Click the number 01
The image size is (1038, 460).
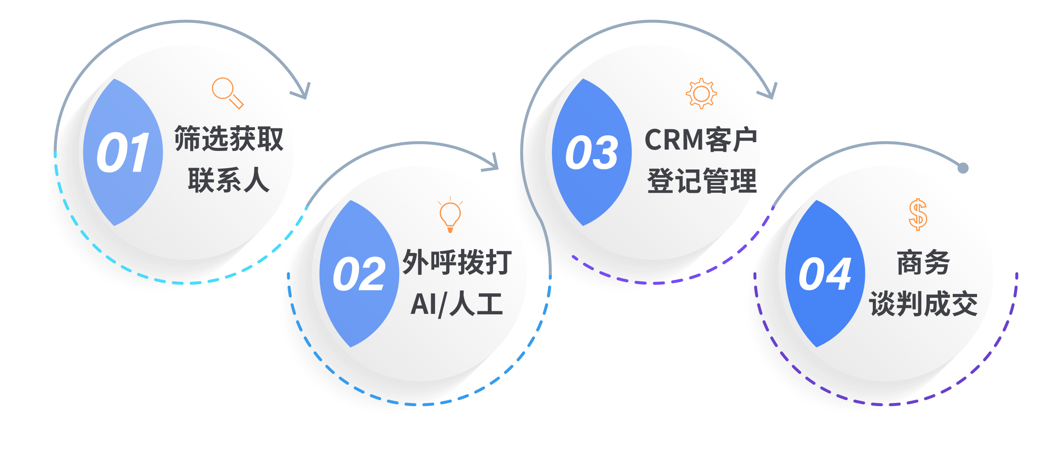(123, 153)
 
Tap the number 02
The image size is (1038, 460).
(359, 274)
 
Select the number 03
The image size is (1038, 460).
(592, 153)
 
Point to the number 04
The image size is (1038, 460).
(825, 274)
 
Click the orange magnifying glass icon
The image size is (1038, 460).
(227, 93)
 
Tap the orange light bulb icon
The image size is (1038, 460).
(450, 215)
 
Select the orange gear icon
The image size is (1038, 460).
(701, 93)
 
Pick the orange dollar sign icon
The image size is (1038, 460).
(918, 214)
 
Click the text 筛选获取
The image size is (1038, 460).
(229, 139)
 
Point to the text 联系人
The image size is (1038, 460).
(229, 180)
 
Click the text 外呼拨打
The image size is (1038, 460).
(457, 262)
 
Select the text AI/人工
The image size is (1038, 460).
(456, 304)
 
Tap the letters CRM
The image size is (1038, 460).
(674, 140)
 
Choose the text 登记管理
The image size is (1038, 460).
(702, 181)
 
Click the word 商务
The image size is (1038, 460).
(923, 262)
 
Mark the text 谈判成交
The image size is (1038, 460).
(923, 304)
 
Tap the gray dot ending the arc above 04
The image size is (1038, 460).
(963, 168)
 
